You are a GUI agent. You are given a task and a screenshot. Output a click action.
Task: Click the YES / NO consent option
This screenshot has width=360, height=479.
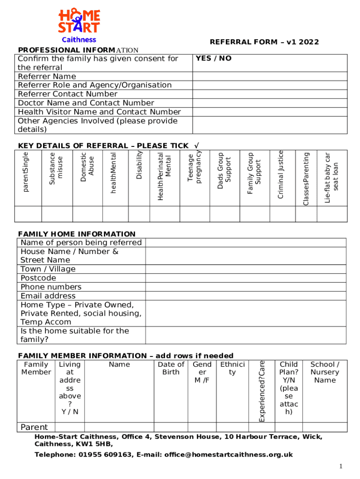pyautogui.click(x=214, y=58)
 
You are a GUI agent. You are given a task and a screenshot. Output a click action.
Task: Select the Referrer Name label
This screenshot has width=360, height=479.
pyautogui.click(x=47, y=76)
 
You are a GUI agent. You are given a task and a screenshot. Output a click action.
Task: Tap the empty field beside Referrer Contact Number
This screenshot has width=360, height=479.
pyautogui.click(x=270, y=94)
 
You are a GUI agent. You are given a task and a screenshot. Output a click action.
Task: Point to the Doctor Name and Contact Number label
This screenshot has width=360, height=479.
pyautogui.click(x=86, y=103)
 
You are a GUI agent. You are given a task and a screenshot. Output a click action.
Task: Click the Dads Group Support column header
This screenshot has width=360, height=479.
pyautogui.click(x=224, y=171)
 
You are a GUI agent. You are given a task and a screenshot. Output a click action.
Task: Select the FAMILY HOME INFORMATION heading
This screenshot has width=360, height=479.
pyautogui.click(x=77, y=234)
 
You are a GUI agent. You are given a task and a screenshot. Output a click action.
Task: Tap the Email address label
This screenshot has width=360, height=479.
pyautogui.click(x=48, y=296)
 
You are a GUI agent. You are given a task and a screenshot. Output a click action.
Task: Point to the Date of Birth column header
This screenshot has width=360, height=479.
pyautogui.click(x=171, y=368)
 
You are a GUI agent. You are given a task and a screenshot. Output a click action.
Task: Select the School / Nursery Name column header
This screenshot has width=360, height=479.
pyautogui.click(x=325, y=372)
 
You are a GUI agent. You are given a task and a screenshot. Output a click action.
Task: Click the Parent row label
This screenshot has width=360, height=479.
pyautogui.click(x=34, y=427)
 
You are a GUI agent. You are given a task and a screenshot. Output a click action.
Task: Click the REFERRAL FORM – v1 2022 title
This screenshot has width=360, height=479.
pyautogui.click(x=264, y=42)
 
